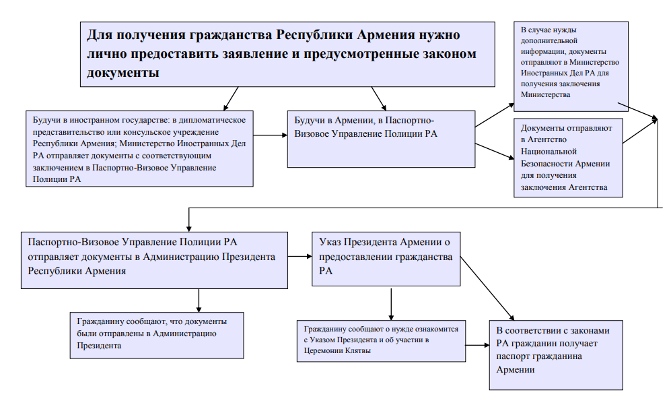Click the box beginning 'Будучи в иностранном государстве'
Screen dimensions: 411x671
(x=139, y=148)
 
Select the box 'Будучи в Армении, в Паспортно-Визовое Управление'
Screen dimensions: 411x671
(x=381, y=138)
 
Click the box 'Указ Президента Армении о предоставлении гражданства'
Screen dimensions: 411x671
(x=386, y=259)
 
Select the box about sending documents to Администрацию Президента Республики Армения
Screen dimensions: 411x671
(x=155, y=259)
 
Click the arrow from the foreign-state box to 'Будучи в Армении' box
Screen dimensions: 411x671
(x=271, y=135)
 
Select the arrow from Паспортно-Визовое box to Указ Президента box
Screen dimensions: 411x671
(x=301, y=257)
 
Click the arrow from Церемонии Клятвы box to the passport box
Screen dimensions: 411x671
(x=477, y=346)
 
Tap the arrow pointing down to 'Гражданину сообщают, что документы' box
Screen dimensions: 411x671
(x=199, y=299)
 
